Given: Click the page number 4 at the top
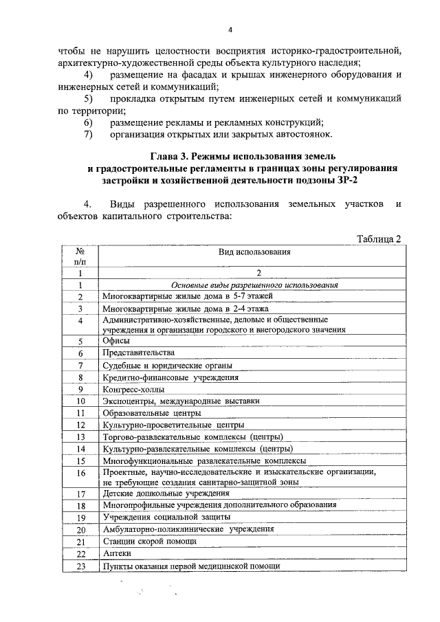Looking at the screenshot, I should (x=230, y=29).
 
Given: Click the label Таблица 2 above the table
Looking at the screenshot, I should (x=378, y=238).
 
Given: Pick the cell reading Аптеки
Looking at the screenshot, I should (x=117, y=553).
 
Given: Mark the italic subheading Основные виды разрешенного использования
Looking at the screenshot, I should (x=250, y=285).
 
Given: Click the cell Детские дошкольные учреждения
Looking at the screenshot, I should (x=166, y=493).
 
